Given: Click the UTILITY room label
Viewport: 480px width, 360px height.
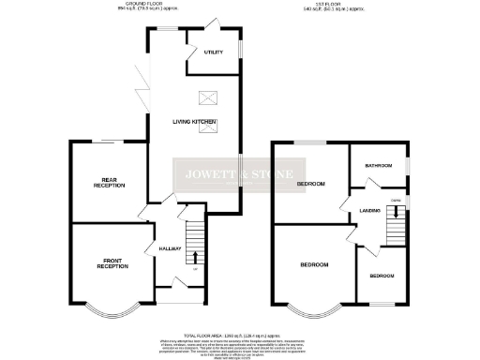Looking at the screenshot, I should point(214,52).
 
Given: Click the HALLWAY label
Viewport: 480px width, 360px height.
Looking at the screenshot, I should point(169,248).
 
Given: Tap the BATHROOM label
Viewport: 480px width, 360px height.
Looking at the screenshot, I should point(378,165).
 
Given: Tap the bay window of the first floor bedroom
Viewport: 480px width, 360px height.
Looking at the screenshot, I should point(314,307).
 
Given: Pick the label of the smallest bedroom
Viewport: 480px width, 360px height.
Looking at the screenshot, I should point(381,277).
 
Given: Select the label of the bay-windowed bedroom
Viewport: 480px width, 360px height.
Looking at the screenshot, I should point(314,265).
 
